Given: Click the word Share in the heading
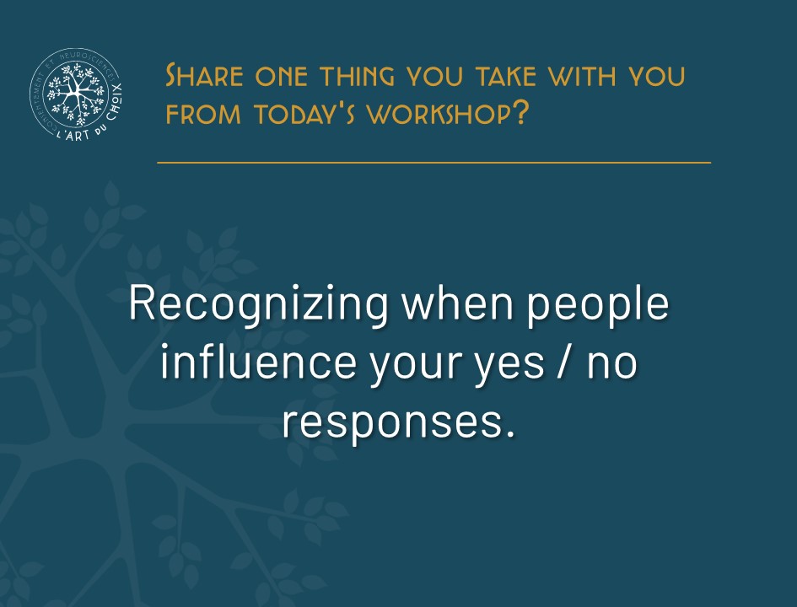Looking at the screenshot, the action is (204, 76).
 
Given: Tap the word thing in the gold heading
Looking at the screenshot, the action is (358, 76).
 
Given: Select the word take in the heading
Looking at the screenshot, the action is (506, 76).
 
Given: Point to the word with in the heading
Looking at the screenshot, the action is (582, 76).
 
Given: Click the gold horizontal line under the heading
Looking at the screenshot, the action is (434, 163).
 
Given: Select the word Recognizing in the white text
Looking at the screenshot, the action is (259, 304).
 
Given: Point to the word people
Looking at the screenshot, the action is (598, 304).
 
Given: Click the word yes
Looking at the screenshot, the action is (509, 367).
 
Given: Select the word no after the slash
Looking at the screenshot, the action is (612, 364).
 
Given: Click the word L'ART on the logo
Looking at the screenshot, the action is (73, 135).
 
